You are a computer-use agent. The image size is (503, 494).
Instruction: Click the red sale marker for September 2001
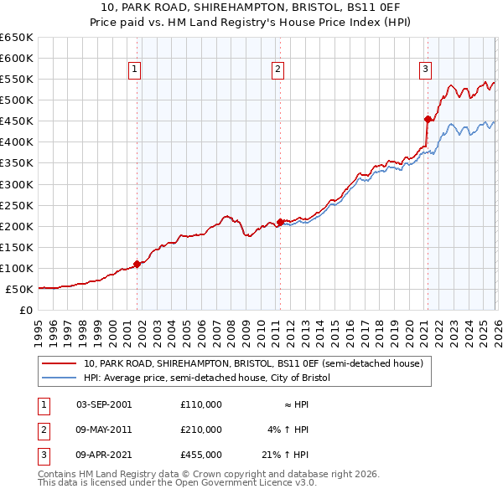coord(137,264)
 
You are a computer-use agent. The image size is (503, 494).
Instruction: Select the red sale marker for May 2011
coord(279,222)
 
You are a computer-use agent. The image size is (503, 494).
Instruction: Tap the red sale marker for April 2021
coord(428,119)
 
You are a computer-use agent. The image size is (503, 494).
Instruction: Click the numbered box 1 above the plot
coord(135,69)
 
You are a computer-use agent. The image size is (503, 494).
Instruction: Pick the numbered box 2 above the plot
coord(277,69)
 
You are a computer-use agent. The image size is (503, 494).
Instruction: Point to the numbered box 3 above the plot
coord(426,69)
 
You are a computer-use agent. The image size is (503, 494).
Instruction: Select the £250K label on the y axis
coord(17,205)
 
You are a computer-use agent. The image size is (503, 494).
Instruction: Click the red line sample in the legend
coord(60,364)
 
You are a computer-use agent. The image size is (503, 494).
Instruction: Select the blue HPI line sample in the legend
coord(60,378)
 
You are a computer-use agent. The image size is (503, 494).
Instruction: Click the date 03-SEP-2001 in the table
coord(104,404)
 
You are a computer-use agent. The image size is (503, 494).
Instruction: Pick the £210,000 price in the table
coord(201,430)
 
